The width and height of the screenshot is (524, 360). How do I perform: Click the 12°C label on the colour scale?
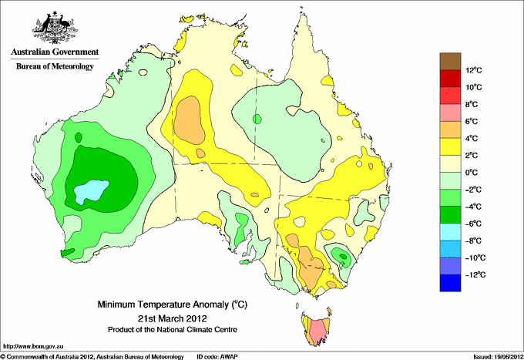click(474, 70)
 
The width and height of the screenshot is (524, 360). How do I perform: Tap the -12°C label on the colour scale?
click(474, 275)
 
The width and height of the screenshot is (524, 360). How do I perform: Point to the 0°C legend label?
click(472, 173)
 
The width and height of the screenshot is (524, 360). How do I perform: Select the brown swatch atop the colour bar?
click(450, 62)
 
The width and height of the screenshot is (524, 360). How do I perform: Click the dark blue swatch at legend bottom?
click(450, 283)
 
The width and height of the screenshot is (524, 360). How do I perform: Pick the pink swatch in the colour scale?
click(450, 113)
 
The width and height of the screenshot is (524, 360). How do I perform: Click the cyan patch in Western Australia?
click(91, 191)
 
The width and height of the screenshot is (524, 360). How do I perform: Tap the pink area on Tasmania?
click(317, 331)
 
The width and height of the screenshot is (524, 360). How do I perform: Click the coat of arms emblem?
click(55, 28)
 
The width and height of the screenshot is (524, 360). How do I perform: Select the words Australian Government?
click(55, 52)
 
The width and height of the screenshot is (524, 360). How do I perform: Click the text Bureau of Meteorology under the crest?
click(55, 66)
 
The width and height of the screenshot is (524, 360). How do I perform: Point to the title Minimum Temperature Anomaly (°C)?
click(172, 304)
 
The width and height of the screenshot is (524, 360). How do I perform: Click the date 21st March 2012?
click(173, 318)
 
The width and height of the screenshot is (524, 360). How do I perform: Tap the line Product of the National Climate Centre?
click(173, 330)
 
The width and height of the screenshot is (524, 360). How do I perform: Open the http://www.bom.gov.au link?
click(32, 347)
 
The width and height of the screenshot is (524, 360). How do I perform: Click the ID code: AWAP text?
click(217, 357)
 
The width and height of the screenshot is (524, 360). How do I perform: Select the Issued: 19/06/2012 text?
click(499, 357)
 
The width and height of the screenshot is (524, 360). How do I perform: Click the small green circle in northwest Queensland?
click(257, 119)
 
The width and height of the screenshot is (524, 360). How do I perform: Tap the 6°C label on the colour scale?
click(472, 122)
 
